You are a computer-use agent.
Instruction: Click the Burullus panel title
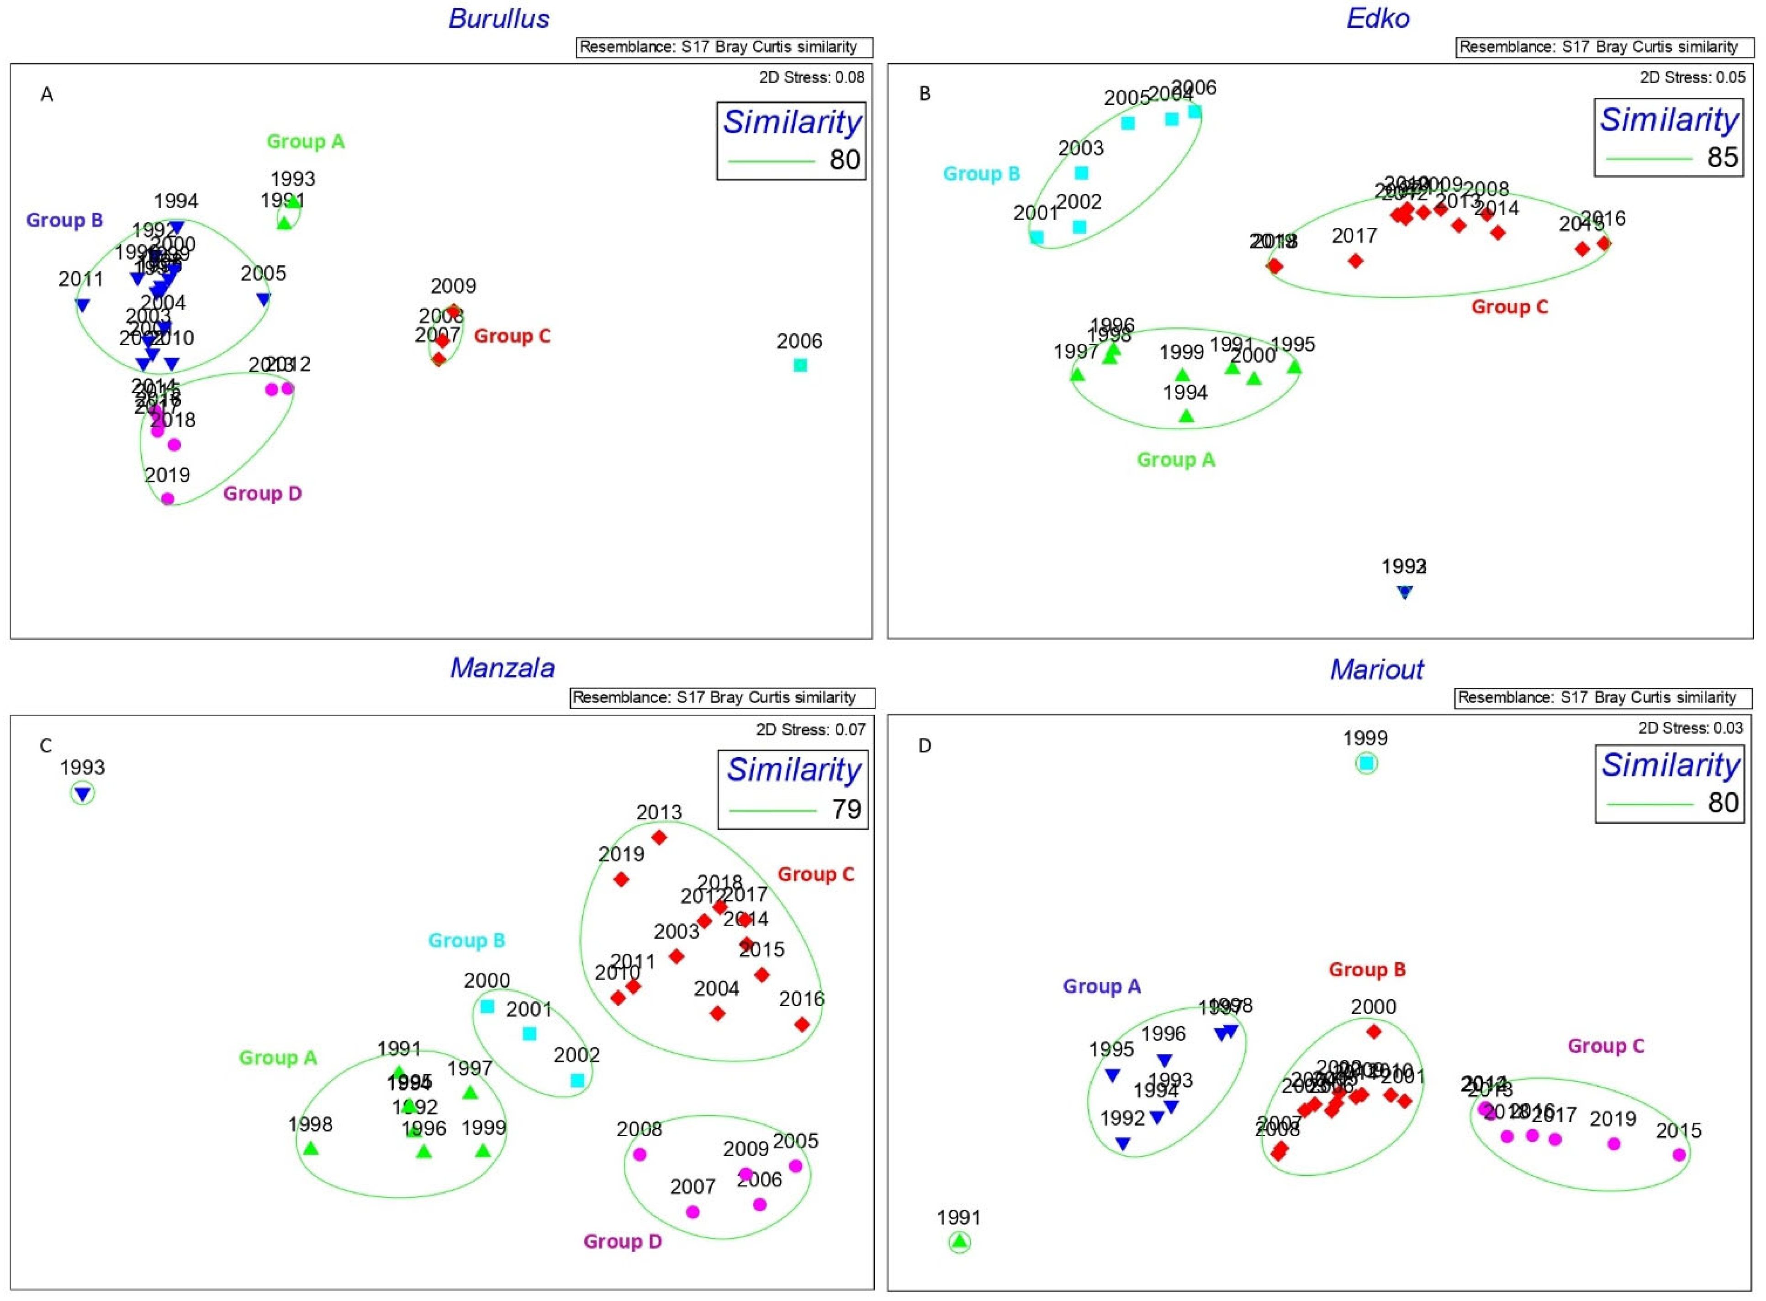499,19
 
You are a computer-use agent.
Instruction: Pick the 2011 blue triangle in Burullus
82,305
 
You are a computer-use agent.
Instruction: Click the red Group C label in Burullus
512,336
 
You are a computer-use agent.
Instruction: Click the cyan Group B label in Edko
982,174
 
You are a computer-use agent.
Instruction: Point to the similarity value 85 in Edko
1722,158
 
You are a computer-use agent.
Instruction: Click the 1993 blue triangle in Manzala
83,794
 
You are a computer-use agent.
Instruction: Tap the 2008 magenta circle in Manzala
640,1154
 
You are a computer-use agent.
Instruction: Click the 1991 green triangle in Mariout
959,1242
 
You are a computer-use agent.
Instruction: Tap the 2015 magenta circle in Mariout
1679,1154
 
